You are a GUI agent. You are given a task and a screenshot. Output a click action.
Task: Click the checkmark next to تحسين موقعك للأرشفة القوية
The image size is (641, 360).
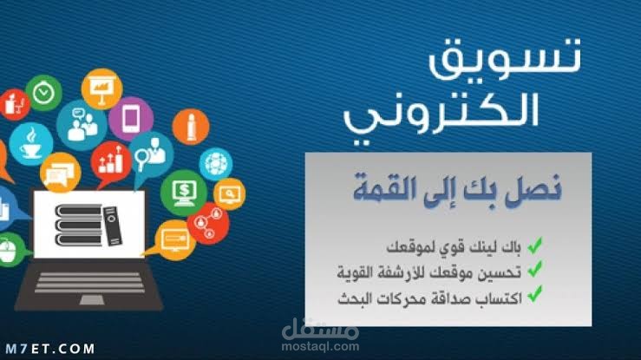click(535, 271)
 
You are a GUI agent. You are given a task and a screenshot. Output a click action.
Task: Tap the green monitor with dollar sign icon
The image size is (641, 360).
click(183, 190)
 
